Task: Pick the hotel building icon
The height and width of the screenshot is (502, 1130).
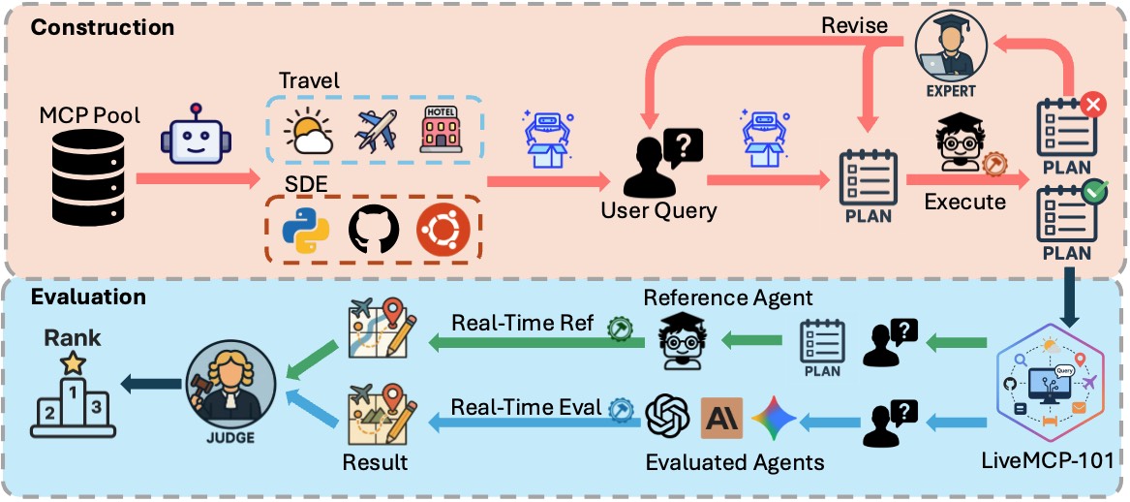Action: pyautogui.click(x=441, y=129)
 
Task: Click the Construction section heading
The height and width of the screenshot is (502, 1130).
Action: pyautogui.click(x=103, y=26)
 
